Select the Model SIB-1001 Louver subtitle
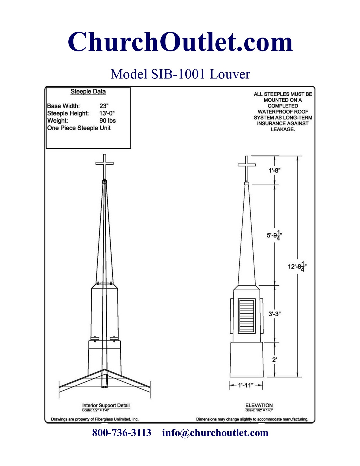coord(180,74)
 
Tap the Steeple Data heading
coord(88,92)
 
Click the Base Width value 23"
coord(104,106)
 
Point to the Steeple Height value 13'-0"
coord(107,113)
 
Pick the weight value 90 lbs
coord(108,121)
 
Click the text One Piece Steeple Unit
coord(79,128)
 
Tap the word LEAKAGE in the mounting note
coord(283,129)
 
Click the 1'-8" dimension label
coord(274,170)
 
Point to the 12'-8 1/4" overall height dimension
coord(297,266)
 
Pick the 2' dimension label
coord(274,360)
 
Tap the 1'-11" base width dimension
coord(246,385)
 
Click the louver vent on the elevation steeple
coord(247,316)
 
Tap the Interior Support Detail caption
coord(106,406)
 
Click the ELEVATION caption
coord(259,406)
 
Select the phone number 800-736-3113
coord(122,433)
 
